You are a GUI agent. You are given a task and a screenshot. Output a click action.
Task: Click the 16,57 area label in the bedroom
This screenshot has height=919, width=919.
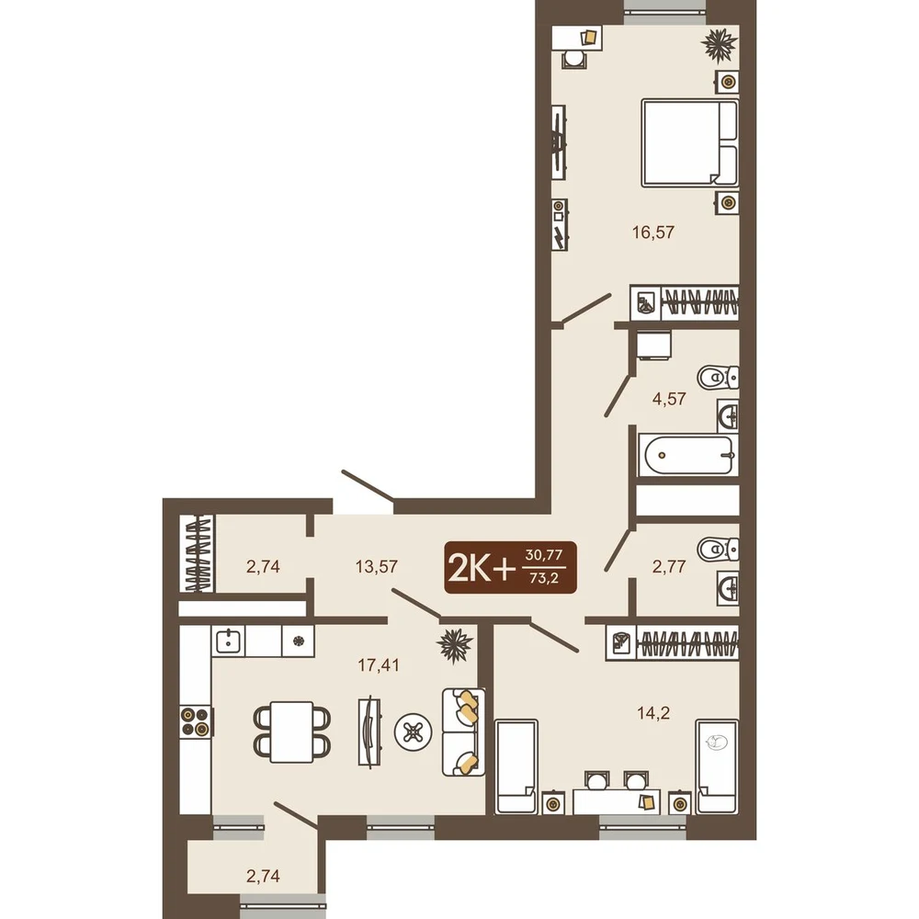click(x=652, y=233)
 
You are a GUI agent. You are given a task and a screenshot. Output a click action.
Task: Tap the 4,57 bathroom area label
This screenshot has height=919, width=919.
click(x=669, y=399)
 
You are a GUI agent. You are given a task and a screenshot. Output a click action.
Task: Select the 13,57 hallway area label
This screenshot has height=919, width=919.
click(x=376, y=567)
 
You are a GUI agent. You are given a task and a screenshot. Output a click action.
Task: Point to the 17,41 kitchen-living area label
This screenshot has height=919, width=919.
click(x=379, y=665)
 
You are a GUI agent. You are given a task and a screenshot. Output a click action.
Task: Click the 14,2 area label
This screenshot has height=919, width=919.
click(x=653, y=713)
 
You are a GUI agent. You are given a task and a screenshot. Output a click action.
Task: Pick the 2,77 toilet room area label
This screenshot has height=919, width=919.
click(x=669, y=567)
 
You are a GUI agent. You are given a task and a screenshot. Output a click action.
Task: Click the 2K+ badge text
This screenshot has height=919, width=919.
click(x=482, y=568)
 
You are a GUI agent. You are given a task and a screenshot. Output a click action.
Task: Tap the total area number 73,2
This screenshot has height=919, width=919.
click(x=544, y=578)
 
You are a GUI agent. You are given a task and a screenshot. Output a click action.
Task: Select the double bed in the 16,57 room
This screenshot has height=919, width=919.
click(x=690, y=143)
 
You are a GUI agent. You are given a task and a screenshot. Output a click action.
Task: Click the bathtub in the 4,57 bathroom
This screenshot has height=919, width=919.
click(x=688, y=455)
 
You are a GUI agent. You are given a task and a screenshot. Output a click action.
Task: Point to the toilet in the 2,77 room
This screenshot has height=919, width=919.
click(x=718, y=550)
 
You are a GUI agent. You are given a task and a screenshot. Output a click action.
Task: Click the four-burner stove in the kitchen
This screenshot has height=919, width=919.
click(x=195, y=721)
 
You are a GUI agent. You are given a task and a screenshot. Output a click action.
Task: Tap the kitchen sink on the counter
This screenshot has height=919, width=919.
click(x=228, y=641)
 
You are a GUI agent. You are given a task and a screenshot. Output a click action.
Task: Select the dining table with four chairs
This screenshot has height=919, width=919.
click(x=292, y=732)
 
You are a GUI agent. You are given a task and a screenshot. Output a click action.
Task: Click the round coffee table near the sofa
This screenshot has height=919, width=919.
click(x=414, y=732)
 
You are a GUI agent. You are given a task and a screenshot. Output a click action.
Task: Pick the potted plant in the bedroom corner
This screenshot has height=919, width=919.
click(x=720, y=46)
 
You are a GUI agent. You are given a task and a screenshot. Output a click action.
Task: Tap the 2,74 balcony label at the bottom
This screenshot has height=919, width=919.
click(x=263, y=876)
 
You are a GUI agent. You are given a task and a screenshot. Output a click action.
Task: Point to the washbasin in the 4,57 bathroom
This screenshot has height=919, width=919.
click(x=729, y=416)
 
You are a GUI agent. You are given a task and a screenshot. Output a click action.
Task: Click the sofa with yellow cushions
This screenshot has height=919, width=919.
click(x=463, y=732)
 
